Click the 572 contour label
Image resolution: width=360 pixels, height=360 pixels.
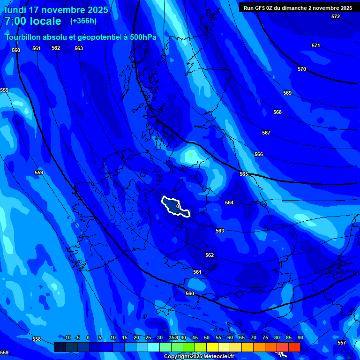[336, 16]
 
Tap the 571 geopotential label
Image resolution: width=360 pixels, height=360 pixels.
[316, 45]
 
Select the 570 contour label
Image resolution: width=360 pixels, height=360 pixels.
[302, 69]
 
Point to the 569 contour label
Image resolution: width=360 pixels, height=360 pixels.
[287, 93]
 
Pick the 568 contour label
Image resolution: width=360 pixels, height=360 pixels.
[277, 112]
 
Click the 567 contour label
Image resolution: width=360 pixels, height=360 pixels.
[266, 133]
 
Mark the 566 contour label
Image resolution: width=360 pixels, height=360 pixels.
[259, 154]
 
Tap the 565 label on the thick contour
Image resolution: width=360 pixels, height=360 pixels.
[244, 174]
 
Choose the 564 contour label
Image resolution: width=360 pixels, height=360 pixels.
[229, 202]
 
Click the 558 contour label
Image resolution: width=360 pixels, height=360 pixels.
[37, 339]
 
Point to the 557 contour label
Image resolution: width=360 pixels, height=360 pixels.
[342, 343]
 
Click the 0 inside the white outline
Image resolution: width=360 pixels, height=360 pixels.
[178, 206]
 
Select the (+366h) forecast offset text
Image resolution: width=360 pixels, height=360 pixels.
[83, 21]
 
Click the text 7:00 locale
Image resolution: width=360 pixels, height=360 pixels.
[33, 21]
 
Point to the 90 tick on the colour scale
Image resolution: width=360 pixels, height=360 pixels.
[300, 337]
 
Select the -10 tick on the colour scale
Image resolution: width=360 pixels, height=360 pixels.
[67, 337]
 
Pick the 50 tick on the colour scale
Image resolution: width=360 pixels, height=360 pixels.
[207, 337]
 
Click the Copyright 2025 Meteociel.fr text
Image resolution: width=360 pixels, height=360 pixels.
[199, 356]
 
